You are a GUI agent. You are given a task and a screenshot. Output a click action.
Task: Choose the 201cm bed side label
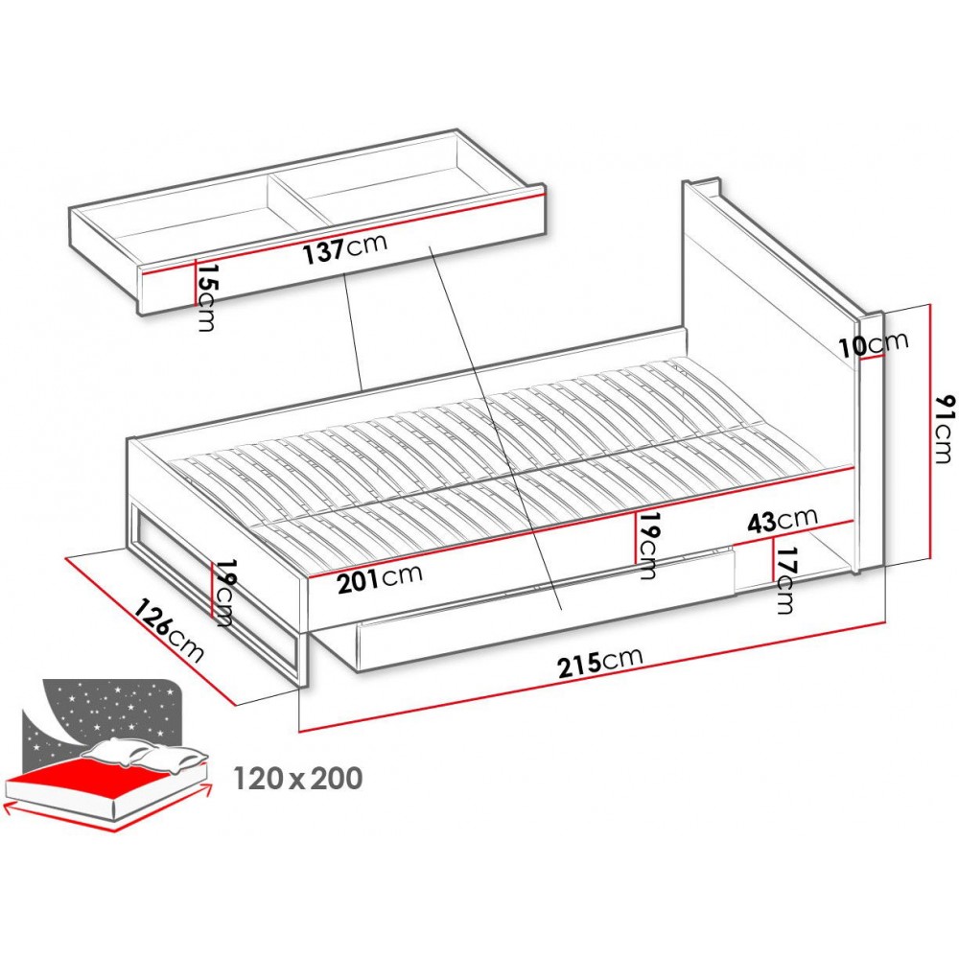[380, 578]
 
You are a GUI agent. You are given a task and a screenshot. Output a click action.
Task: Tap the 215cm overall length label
[600, 661]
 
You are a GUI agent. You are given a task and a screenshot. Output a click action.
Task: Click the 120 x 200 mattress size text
[298, 779]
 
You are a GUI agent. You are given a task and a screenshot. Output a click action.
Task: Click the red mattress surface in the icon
[96, 779]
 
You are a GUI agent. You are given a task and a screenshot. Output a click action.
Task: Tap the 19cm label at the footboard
[223, 593]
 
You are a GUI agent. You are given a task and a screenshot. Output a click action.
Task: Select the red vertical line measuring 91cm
[930, 432]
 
